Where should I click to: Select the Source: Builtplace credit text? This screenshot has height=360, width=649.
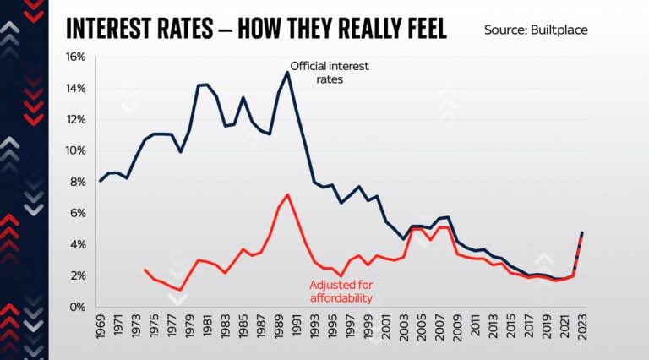tap(535, 30)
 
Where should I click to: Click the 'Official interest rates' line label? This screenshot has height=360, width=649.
tap(330, 72)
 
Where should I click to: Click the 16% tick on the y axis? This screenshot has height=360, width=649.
tap(77, 57)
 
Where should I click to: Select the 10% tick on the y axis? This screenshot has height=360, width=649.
tap(77, 150)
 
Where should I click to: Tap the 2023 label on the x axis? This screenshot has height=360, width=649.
tap(582, 328)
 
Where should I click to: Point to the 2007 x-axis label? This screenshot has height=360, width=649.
tap(439, 328)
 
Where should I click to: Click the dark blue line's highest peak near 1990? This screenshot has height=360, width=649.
tap(287, 72)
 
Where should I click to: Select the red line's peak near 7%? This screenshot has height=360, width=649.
tap(288, 195)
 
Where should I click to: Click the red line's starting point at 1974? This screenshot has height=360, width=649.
tap(145, 270)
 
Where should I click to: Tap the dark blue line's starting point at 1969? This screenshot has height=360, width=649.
tap(101, 181)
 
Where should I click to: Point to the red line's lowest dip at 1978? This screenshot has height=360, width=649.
tap(181, 290)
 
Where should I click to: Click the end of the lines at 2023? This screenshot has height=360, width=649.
tap(582, 232)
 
